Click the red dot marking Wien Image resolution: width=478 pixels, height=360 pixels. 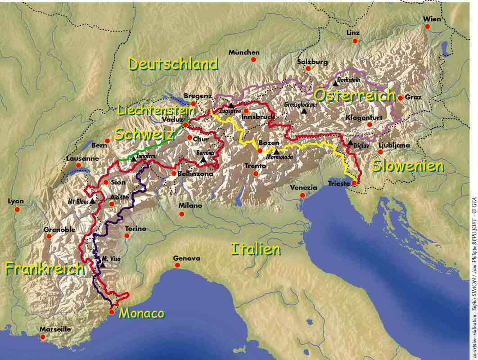coord(428,27)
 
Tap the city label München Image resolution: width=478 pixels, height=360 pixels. coord(244,52)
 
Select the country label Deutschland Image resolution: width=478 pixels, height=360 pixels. coord(173,64)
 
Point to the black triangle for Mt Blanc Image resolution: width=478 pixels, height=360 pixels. coord(93,201)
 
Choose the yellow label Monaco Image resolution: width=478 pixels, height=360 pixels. coord(141,313)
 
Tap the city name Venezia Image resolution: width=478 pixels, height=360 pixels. coord(303,188)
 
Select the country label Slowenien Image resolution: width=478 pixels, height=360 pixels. coord(408,166)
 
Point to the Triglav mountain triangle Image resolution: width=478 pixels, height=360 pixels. coord(350,143)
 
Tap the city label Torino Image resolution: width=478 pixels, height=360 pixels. coord(136,229)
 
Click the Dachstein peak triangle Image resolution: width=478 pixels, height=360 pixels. coord(335,83)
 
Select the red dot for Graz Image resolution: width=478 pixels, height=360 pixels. coord(400,97)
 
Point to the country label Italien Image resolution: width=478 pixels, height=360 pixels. coord(268,249)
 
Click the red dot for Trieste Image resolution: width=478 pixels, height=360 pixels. coord(354,183)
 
